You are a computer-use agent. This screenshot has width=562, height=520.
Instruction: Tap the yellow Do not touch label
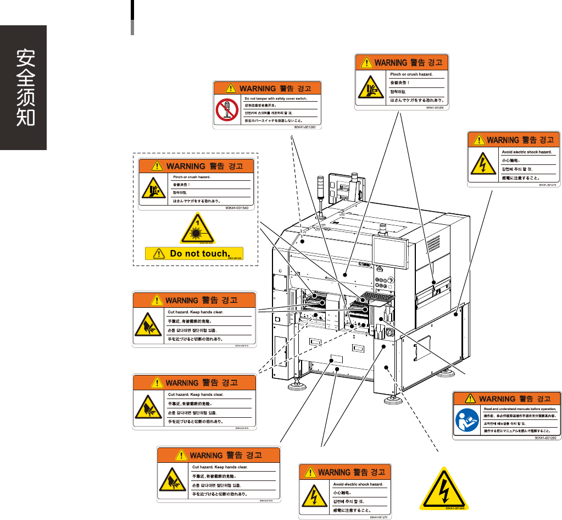point(194,253)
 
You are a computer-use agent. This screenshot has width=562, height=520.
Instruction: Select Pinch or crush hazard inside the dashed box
point(192,178)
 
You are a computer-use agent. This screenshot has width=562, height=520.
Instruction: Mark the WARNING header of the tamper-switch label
point(267,87)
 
